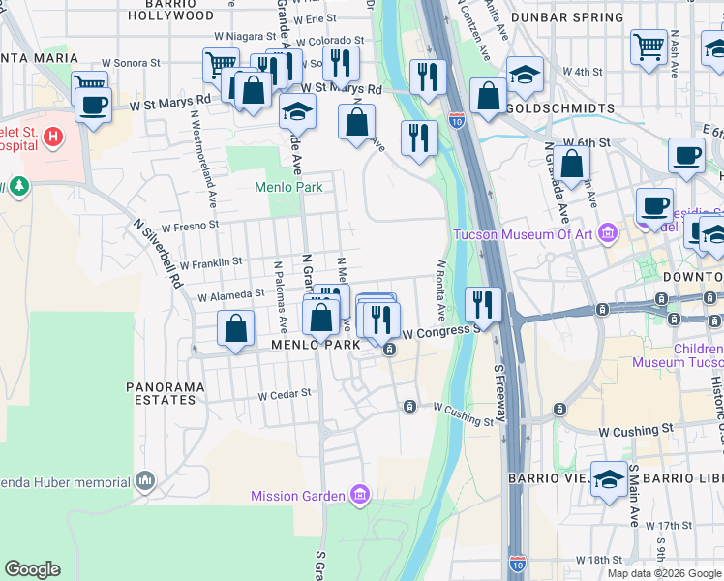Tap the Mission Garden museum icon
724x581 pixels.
pyautogui.click(x=360, y=496)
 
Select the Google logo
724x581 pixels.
pyautogui.click(x=32, y=569)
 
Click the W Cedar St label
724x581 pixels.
pyautogui.click(x=285, y=394)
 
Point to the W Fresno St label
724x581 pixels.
pyautogui.click(x=191, y=227)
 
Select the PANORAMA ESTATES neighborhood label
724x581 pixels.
pyautogui.click(x=166, y=393)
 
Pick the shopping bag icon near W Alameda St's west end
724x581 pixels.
pyautogui.click(x=235, y=328)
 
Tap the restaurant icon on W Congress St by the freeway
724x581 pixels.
pyautogui.click(x=481, y=304)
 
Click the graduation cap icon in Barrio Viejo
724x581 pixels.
pyautogui.click(x=609, y=480)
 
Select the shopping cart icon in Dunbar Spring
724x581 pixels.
pyautogui.click(x=648, y=46)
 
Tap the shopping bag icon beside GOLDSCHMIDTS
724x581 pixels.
pyautogui.click(x=489, y=96)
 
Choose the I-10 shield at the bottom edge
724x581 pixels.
pyautogui.click(x=519, y=564)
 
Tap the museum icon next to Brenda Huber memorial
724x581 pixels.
pyautogui.click(x=145, y=481)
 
